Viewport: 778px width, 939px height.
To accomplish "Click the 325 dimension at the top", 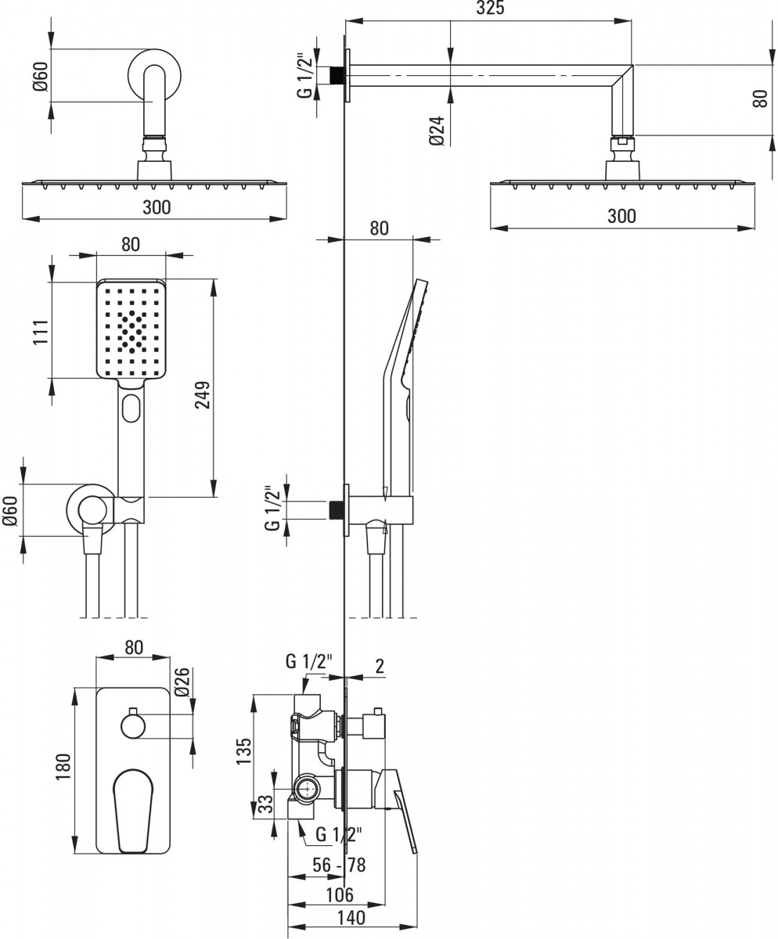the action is pyautogui.click(x=490, y=8).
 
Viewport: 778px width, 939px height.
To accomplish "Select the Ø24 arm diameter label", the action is pyautogui.click(x=437, y=131).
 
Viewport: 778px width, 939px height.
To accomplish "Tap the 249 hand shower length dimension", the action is pyautogui.click(x=203, y=394).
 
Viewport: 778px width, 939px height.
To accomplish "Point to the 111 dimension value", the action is pyautogui.click(x=41, y=332).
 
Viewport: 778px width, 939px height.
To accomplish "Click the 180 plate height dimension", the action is pyautogui.click(x=63, y=767).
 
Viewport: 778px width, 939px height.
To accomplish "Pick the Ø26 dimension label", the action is pyautogui.click(x=182, y=682).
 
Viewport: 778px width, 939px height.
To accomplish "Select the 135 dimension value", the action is pyautogui.click(x=243, y=751).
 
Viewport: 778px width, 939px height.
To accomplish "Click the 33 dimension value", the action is pyautogui.click(x=265, y=804).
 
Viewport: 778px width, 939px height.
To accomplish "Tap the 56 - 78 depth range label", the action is pyautogui.click(x=339, y=865).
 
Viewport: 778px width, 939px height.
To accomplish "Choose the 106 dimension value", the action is pyautogui.click(x=340, y=894).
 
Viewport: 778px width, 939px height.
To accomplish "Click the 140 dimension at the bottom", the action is pyautogui.click(x=351, y=917).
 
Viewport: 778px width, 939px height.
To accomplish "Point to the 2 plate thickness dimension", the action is pyautogui.click(x=380, y=666).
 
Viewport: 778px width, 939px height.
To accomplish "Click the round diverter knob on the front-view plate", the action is pyautogui.click(x=133, y=727).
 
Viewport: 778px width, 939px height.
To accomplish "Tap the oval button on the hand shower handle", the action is pyautogui.click(x=131, y=408).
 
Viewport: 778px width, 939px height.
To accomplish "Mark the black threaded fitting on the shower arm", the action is pyautogui.click(x=336, y=75).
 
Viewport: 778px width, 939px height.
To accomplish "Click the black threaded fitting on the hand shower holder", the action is pyautogui.click(x=336, y=509).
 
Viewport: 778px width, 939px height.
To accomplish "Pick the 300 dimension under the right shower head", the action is pyautogui.click(x=622, y=216).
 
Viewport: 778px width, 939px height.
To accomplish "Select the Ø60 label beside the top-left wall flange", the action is pyautogui.click(x=41, y=76).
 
